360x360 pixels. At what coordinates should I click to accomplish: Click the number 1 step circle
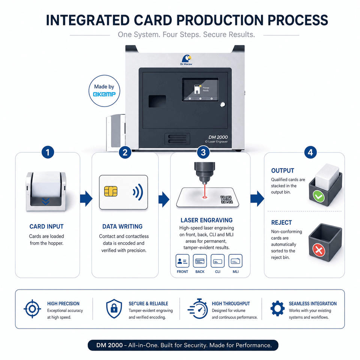pos(48,153)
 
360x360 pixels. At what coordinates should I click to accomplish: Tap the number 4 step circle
pos(310,153)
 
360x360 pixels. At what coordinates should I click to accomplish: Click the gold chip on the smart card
pos(111,191)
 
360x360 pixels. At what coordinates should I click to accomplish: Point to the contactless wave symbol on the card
pos(138,192)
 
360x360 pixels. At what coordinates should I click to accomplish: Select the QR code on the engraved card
pos(226,199)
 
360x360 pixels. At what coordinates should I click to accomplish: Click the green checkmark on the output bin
pos(319,197)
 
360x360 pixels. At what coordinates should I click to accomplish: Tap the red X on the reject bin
pos(319,250)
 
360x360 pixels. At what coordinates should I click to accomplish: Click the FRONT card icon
pos(183,261)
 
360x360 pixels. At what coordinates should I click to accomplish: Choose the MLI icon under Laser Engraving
pos(235,261)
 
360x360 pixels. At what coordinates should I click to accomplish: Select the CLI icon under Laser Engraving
pos(217,261)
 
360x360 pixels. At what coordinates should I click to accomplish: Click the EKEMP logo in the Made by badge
pos(104,94)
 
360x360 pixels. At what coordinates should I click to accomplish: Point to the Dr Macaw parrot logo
pos(186,58)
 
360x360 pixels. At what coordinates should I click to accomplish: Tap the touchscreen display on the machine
pos(200,90)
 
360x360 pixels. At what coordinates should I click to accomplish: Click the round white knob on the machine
pos(222,105)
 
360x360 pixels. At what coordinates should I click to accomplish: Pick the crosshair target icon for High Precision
pos(32,309)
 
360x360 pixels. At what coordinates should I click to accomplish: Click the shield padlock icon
pos(114,309)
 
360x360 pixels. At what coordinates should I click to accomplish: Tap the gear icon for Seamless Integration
pos(277,309)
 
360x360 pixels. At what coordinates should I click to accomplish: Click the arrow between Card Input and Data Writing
pos(86,199)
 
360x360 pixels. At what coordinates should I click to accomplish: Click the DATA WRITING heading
pos(122,226)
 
